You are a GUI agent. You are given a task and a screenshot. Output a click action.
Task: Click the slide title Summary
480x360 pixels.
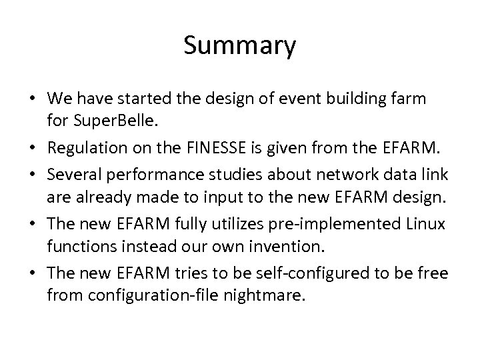[x=239, y=46]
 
